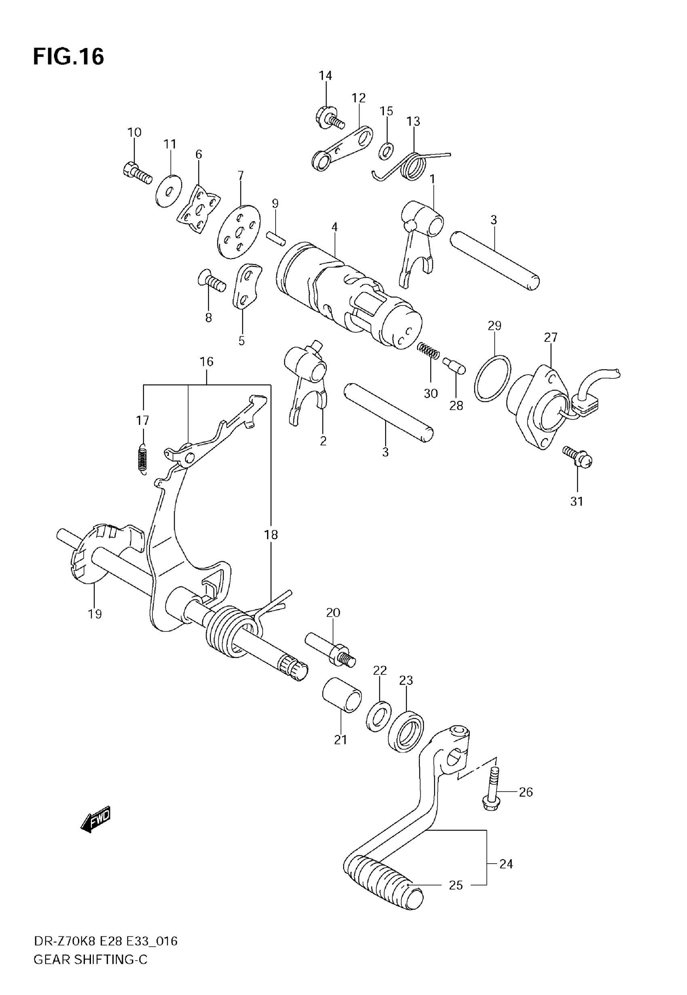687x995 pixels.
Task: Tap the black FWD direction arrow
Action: [x=95, y=818]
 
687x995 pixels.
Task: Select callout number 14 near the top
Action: [x=325, y=75]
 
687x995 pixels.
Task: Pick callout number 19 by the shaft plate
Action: [x=95, y=614]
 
